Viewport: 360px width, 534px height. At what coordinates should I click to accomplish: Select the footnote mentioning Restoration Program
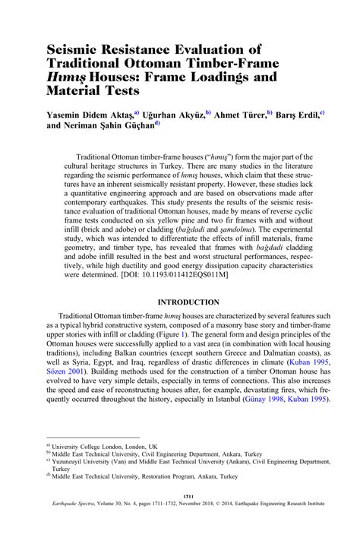pos(145,476)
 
